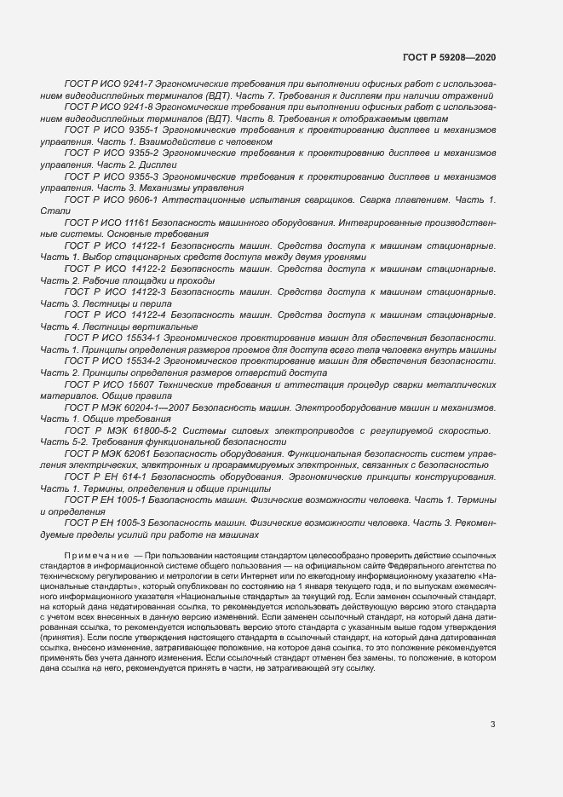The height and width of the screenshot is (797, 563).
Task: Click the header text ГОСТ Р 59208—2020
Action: [448, 56]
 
